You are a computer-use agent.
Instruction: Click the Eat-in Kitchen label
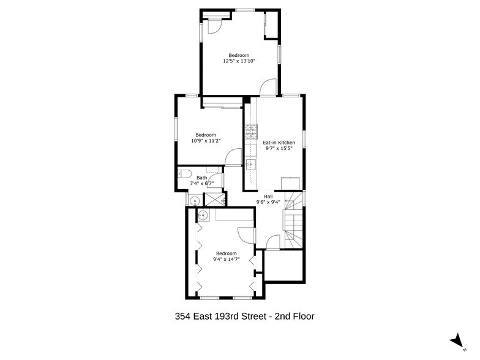tap(279, 143)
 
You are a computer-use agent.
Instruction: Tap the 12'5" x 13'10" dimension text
tap(239, 61)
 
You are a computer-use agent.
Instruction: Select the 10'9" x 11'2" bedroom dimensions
tap(206, 141)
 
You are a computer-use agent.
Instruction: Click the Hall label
tap(268, 197)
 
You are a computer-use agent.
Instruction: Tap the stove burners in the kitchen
tap(250, 133)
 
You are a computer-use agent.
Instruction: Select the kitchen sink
tap(250, 163)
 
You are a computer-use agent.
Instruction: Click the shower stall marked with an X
tap(214, 199)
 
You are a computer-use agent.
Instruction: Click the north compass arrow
tap(455, 340)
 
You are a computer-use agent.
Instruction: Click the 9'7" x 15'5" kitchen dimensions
tap(279, 148)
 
